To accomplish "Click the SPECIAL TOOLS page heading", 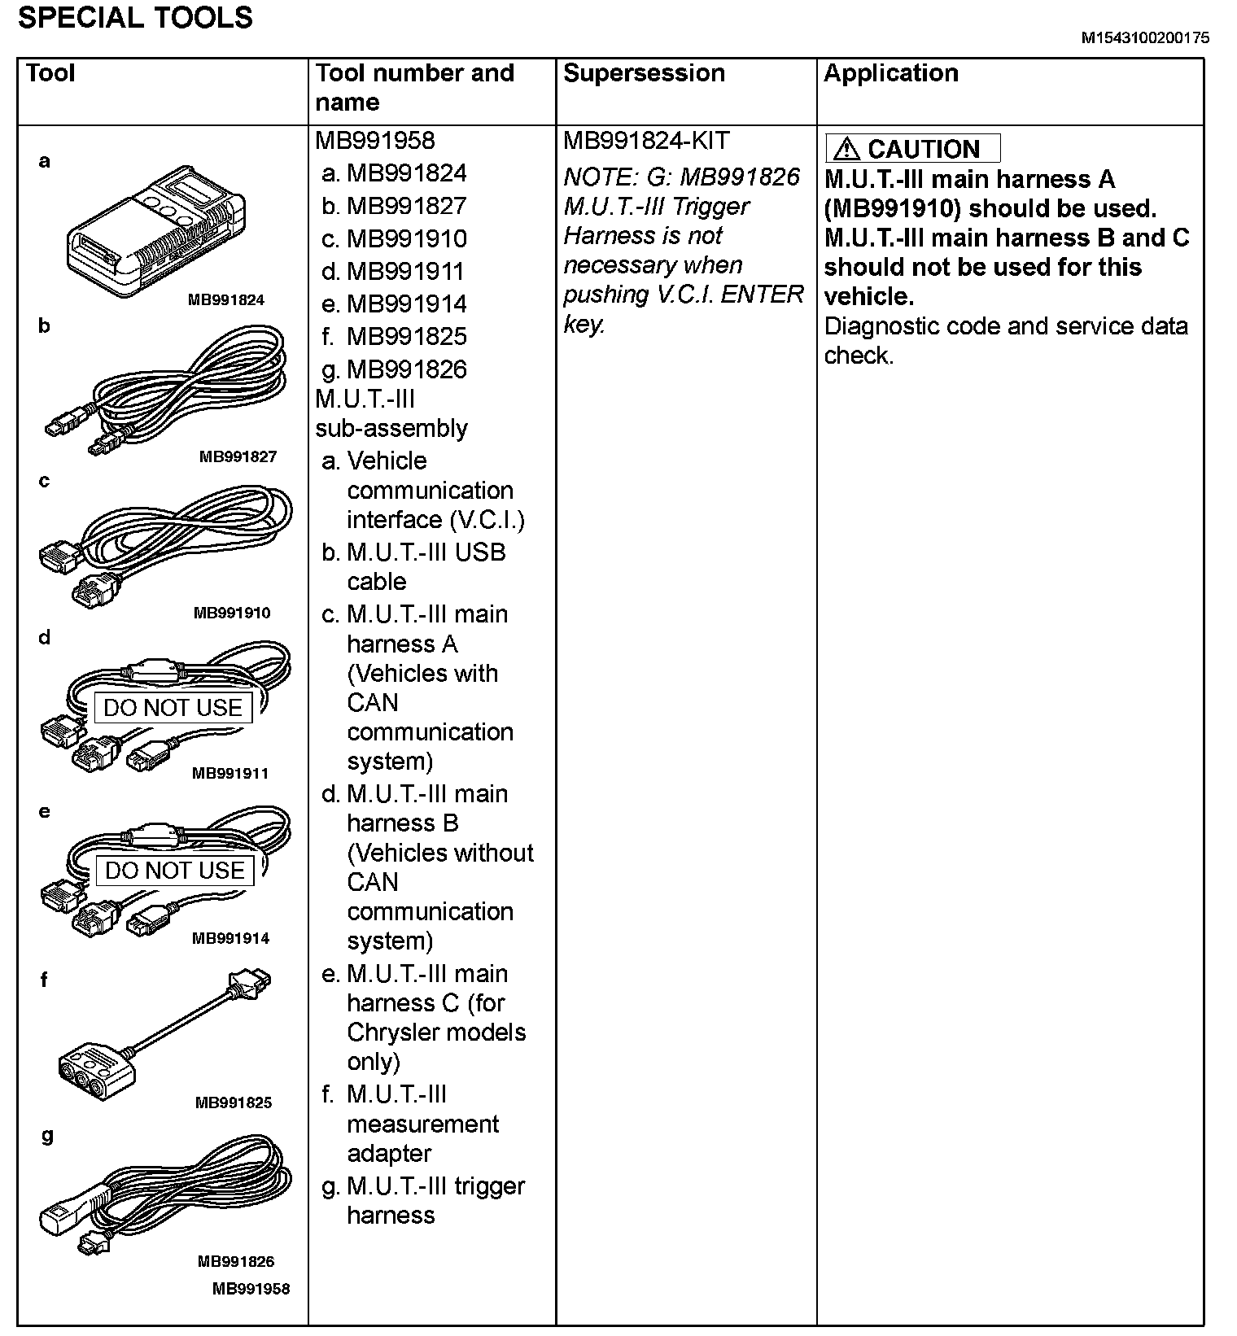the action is [x=135, y=18].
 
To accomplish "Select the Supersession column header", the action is [x=644, y=73].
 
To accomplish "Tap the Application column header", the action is [x=890, y=73].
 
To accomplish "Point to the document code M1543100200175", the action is [x=1145, y=38].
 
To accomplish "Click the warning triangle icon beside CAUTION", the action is [x=846, y=149].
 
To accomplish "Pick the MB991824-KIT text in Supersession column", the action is [x=646, y=141].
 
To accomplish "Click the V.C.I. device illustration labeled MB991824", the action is [x=155, y=231].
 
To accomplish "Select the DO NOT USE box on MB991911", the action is [x=173, y=708].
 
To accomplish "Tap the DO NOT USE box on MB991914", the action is [x=174, y=871].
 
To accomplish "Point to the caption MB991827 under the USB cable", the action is [x=238, y=457].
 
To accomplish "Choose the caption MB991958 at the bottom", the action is [x=251, y=1289].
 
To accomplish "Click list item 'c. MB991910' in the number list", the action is [x=395, y=239].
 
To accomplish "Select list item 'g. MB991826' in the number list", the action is [x=395, y=370].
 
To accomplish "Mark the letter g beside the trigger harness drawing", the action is [x=47, y=1135].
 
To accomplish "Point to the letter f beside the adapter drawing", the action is [x=44, y=980].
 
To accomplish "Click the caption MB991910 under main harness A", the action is [x=232, y=613].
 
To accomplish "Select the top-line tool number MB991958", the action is [x=375, y=141].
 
